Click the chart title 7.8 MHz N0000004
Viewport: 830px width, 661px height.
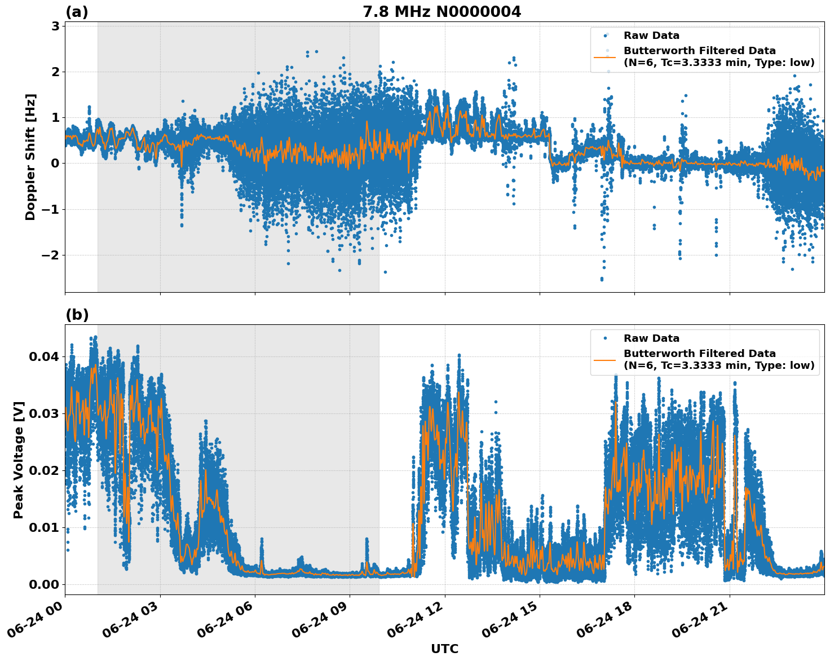[442, 12]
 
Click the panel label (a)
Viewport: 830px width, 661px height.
[77, 12]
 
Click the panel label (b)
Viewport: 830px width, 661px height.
[77, 315]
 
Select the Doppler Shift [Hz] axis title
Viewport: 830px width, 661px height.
[30, 157]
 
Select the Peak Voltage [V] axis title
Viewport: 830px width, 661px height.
[19, 460]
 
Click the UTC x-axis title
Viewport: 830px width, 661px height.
[444, 649]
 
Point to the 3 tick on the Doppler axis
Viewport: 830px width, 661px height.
[56, 26]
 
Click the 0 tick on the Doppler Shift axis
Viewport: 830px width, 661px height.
[56, 164]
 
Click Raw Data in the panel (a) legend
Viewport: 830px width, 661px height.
[651, 36]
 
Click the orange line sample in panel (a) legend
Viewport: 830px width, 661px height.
[605, 57]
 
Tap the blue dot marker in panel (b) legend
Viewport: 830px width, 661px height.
[605, 338]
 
